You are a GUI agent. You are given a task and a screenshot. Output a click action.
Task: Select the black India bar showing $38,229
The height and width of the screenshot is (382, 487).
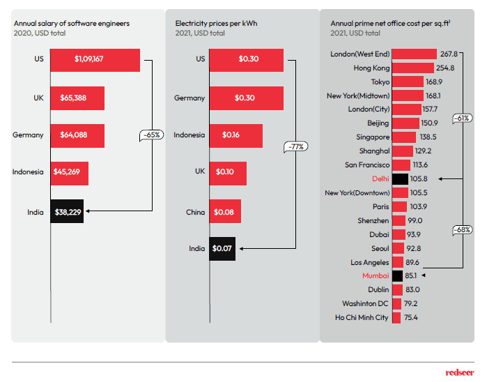click(68, 212)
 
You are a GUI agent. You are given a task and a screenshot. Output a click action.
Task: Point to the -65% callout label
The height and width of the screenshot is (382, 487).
click(151, 135)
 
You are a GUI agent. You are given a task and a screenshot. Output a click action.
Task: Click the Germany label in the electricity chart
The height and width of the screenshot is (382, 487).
click(190, 98)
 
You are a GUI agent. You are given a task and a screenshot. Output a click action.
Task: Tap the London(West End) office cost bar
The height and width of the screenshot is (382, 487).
click(415, 54)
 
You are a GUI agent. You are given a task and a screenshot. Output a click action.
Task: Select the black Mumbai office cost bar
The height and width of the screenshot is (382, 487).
click(398, 275)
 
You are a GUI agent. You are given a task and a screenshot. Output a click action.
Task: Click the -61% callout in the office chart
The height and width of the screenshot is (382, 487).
click(461, 119)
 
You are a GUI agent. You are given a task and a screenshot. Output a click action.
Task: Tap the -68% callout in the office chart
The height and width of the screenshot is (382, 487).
click(461, 229)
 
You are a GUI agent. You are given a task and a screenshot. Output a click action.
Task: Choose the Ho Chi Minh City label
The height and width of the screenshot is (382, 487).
click(362, 317)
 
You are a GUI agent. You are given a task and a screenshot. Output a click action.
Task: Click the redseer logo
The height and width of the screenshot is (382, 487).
click(460, 372)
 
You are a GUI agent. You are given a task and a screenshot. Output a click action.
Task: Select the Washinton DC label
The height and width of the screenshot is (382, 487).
click(365, 303)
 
